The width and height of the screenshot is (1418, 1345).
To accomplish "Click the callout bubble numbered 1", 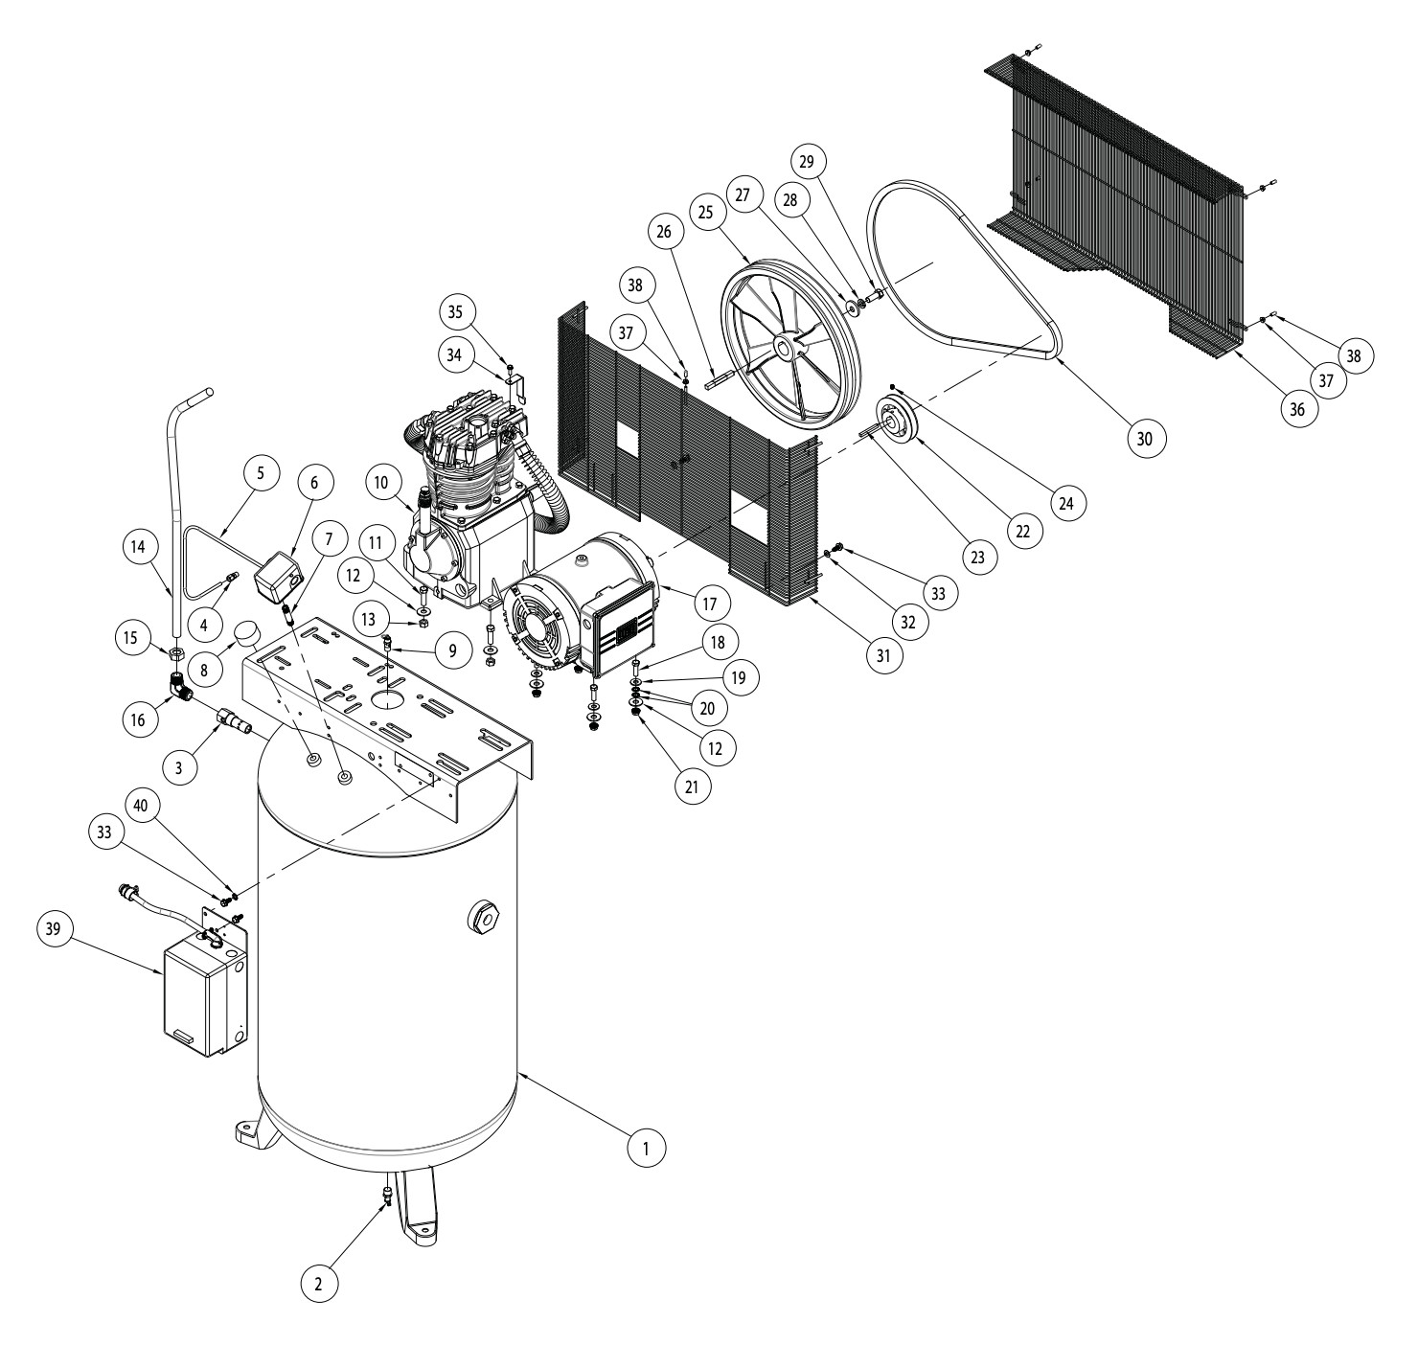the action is pos(646,1148).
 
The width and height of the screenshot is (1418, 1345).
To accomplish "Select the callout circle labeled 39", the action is pos(55,928).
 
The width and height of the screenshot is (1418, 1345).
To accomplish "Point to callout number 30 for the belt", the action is pos(1145,438).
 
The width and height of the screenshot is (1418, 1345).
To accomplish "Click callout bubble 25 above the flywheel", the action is pos(706,212).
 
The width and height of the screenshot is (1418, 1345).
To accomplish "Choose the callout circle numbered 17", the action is pos(710,603).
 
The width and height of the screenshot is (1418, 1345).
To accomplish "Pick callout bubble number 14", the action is pos(138,547).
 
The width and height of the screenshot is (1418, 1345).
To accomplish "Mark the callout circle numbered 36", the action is pos(1297,409).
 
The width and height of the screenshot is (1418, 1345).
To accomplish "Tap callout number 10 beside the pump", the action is pos(381,483).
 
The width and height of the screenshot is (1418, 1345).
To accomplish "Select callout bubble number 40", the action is pos(141,804).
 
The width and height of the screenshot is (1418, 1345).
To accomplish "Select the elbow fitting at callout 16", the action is pos(180,687).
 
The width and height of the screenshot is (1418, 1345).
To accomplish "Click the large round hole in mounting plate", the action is pos(389,698).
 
